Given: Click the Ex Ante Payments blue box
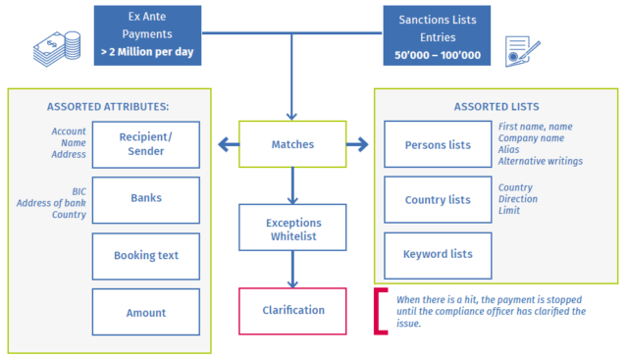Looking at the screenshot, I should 148,35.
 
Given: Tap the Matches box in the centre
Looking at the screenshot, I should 292,145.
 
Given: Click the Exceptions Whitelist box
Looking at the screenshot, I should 292,227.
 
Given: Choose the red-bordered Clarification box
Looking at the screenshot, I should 292,311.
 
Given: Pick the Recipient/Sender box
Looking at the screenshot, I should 146,145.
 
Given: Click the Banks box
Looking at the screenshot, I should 146,199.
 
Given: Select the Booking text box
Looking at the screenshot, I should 146,255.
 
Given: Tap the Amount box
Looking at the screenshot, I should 146,312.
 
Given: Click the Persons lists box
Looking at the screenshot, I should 438,145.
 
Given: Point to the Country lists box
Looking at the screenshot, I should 438,200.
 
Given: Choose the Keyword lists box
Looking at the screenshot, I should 438,255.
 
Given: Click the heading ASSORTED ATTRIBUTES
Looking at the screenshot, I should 107,106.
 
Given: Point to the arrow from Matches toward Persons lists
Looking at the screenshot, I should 357,146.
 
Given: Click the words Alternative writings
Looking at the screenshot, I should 540,161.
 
